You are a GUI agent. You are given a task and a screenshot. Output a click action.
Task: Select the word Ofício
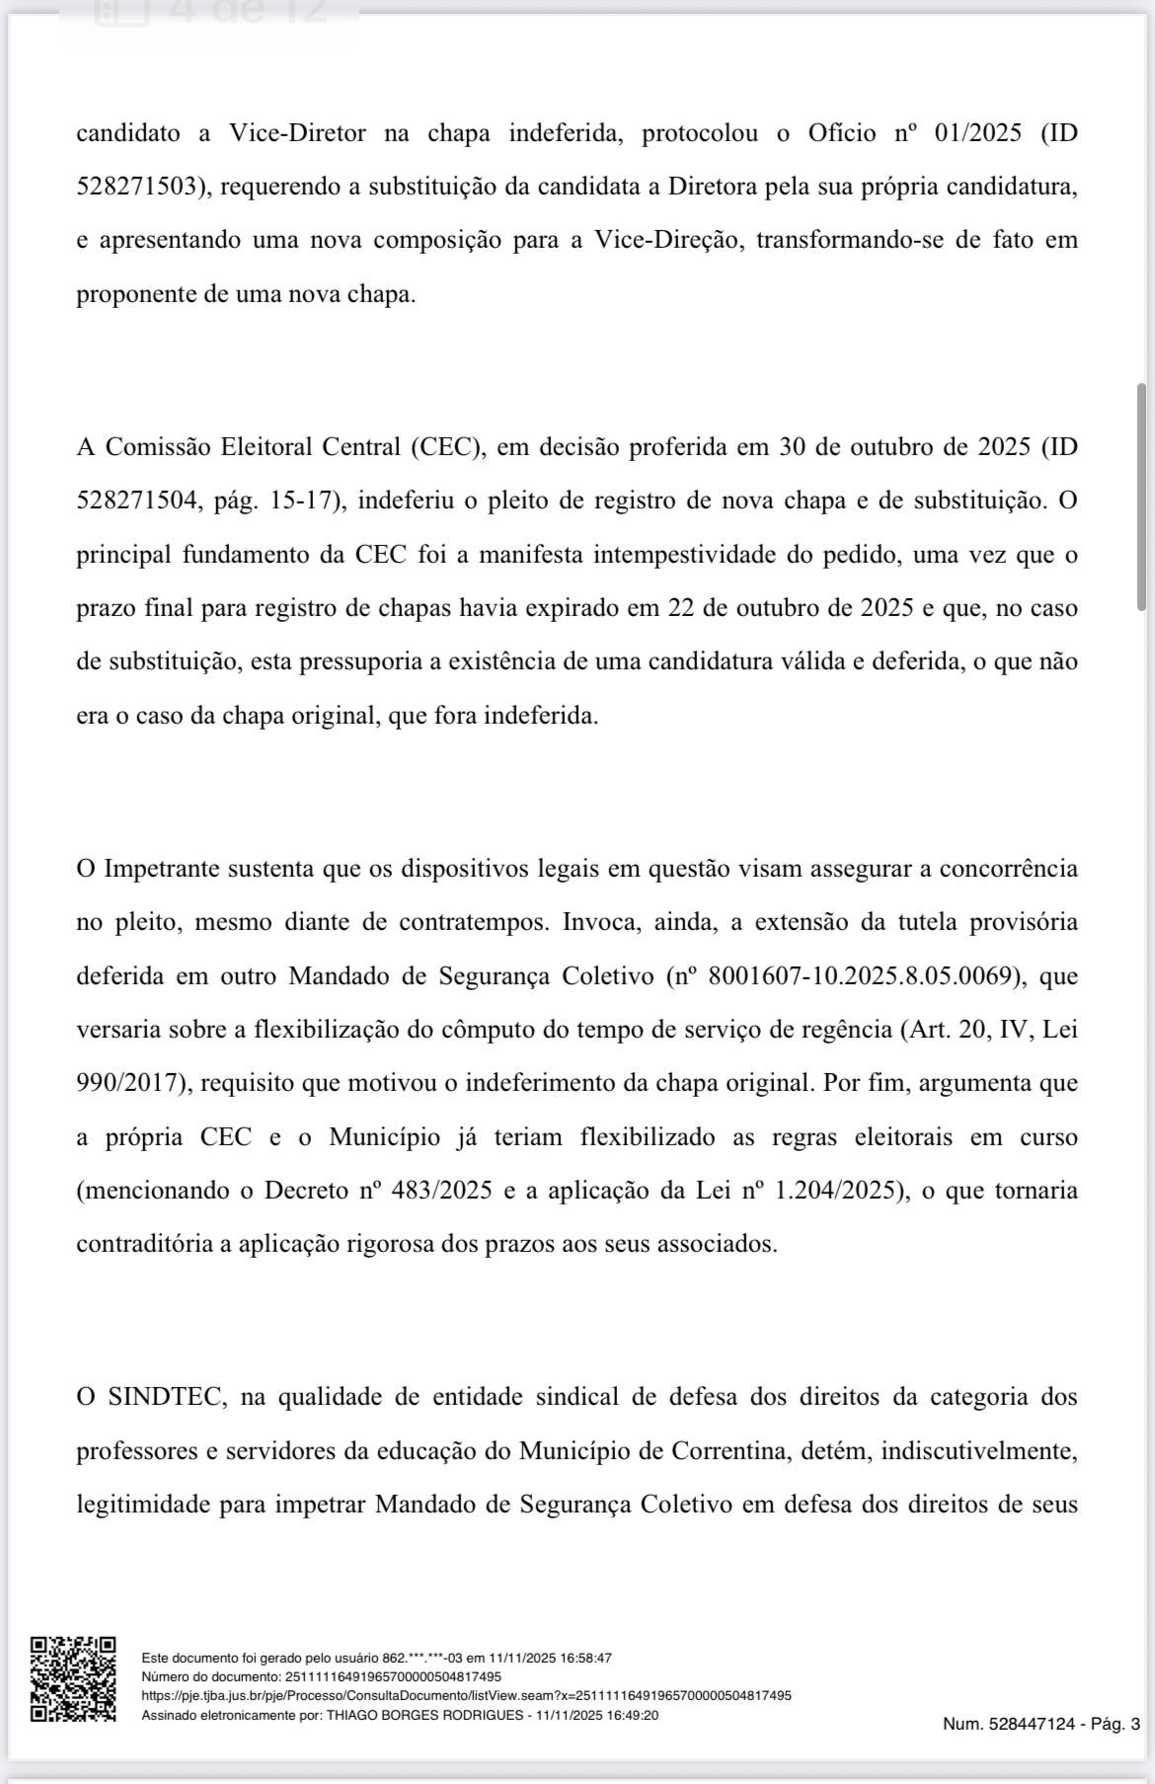point(841,133)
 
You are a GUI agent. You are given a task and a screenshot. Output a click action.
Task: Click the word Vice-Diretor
point(297,133)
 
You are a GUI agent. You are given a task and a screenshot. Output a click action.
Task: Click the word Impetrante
point(162,870)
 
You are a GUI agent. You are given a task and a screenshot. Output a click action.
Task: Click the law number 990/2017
point(131,1083)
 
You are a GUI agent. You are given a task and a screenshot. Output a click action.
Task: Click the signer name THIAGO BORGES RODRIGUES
point(426,1715)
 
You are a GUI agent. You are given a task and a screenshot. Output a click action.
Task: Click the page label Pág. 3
point(1115,1724)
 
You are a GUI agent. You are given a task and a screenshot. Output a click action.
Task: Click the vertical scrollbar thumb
point(1142,498)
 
